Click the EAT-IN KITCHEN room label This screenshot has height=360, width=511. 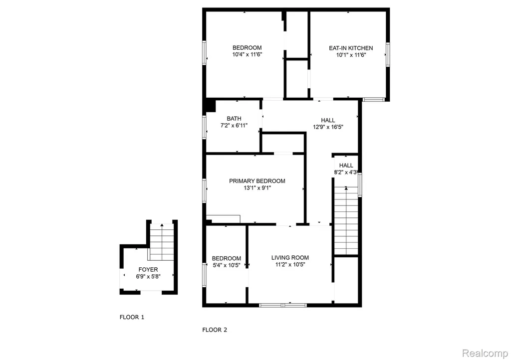tap(351, 48)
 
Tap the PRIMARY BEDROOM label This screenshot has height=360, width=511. tap(257, 181)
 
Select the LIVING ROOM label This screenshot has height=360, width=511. tap(290, 258)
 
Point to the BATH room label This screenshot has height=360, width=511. tap(234, 119)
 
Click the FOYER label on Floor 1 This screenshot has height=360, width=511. tap(148, 270)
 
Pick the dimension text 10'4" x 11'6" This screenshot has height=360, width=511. tap(247, 55)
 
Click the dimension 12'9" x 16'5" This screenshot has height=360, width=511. tap(328, 127)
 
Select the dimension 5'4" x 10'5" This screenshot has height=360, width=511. tap(227, 265)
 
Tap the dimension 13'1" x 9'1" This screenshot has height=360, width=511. tap(257, 188)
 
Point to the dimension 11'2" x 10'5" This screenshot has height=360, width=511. tap(290, 265)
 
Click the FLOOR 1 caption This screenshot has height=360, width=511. tap(132, 317)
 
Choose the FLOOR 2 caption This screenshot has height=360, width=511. tap(215, 330)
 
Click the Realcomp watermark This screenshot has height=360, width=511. tap(485, 353)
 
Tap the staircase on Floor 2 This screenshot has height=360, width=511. tap(346, 221)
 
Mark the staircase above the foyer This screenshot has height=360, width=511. tap(162, 242)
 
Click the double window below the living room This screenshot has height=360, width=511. tap(283, 305)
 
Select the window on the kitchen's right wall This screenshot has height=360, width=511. tap(388, 55)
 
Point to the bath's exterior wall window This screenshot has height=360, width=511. tap(204, 127)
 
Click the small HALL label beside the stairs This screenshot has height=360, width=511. tap(346, 166)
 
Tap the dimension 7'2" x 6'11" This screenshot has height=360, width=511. tap(234, 126)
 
